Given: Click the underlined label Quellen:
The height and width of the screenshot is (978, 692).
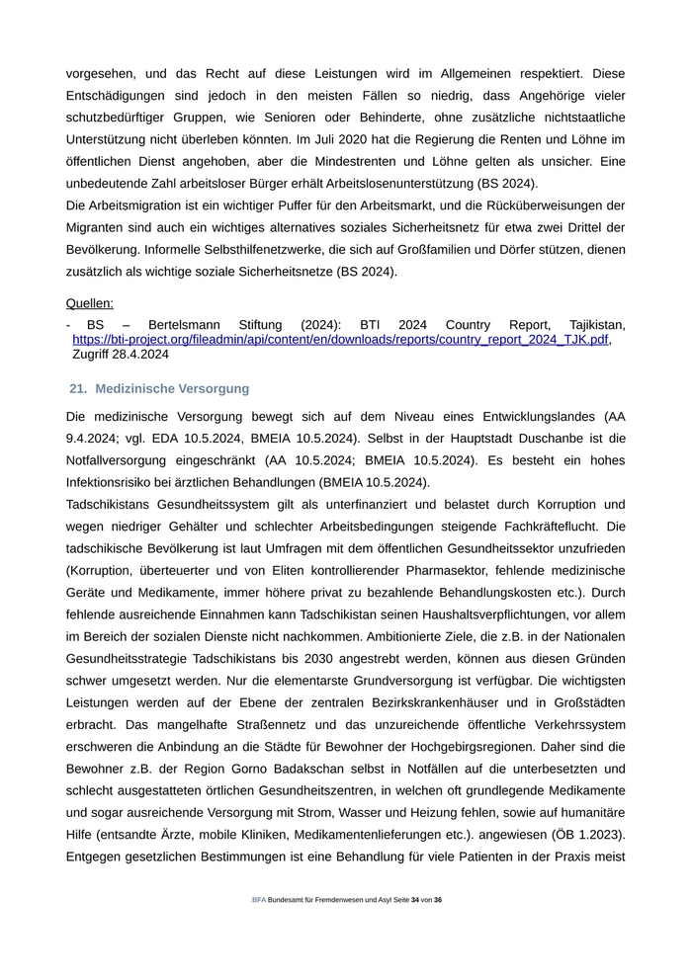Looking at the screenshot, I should pos(90,303).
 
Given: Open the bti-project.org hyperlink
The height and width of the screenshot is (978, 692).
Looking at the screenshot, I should pos(340,339).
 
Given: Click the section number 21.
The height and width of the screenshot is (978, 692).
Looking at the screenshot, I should pos(78,389).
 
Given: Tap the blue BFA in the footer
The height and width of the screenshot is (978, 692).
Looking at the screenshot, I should pos(259,900).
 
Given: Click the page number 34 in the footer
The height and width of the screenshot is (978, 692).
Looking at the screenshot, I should pos(415,900).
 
